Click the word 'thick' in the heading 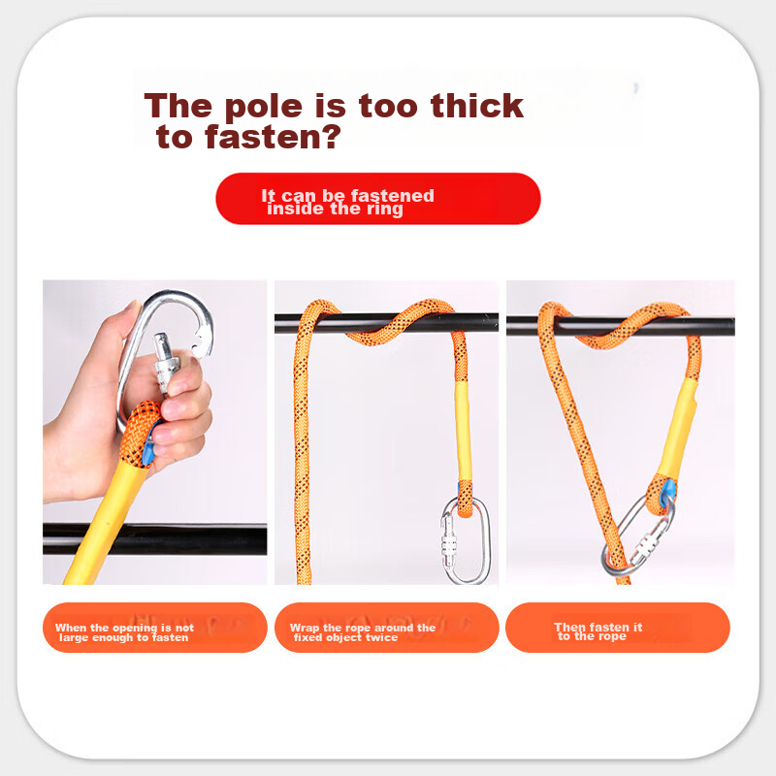click(477, 106)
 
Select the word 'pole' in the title click(263, 108)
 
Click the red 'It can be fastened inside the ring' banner click(378, 199)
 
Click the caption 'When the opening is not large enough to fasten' click(124, 632)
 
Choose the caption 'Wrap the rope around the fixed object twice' click(362, 632)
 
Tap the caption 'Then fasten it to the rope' click(598, 631)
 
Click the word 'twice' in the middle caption click(381, 637)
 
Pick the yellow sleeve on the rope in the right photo click(678, 427)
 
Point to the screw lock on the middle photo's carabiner click(449, 543)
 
